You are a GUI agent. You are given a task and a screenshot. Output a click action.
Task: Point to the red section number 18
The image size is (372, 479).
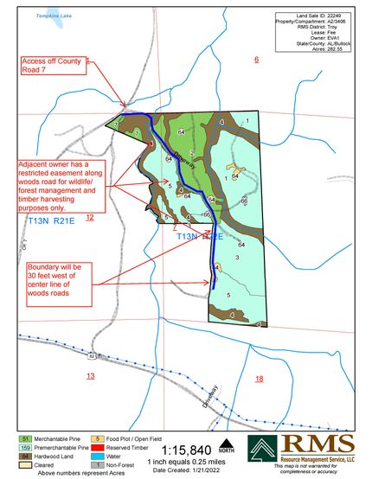click(259, 379)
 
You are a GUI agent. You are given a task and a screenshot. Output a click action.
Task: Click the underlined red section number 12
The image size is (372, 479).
click(89, 217)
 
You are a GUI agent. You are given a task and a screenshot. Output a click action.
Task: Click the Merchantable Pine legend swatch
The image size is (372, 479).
click(26, 439)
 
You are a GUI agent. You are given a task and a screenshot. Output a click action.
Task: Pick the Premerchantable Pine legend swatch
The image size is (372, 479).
click(26, 448)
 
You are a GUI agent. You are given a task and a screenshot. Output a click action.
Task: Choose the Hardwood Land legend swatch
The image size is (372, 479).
click(26, 456)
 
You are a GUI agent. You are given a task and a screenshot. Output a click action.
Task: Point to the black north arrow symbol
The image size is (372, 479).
click(228, 440)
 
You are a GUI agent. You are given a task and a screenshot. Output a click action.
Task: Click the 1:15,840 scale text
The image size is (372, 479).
click(183, 449)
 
